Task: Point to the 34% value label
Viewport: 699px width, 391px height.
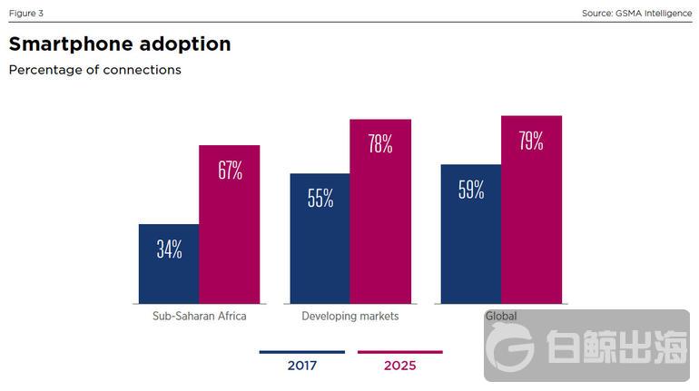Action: coord(169,250)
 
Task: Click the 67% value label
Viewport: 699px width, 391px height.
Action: coord(230,171)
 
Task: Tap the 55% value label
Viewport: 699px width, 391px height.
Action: coord(320,200)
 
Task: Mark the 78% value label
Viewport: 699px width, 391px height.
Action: coord(380,144)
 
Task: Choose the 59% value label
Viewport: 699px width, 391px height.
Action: coord(470,191)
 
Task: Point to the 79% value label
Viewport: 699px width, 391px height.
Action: coord(531,142)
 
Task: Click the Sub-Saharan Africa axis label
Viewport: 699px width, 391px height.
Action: coord(199,317)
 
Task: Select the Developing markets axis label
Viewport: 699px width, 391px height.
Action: coord(349,317)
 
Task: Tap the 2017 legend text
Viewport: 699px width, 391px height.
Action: coord(301,367)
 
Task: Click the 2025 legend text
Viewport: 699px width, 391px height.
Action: coord(399,367)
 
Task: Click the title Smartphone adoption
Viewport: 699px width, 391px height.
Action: coord(120,44)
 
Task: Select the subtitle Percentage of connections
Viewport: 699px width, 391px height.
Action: coord(94,70)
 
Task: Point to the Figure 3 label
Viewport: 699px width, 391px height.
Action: coord(25,13)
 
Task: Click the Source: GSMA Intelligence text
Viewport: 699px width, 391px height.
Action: coord(636,13)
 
